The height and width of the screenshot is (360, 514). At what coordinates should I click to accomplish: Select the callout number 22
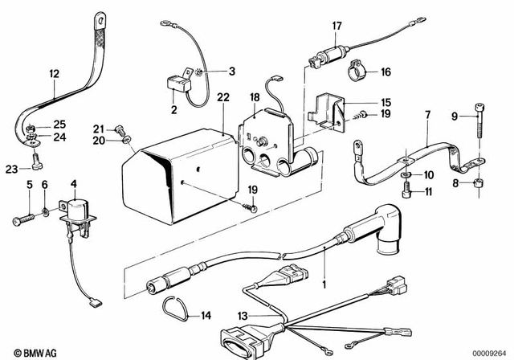(222, 97)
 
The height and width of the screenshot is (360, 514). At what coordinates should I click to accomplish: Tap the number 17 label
(337, 25)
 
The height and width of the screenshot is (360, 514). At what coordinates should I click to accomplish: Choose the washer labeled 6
(45, 212)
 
